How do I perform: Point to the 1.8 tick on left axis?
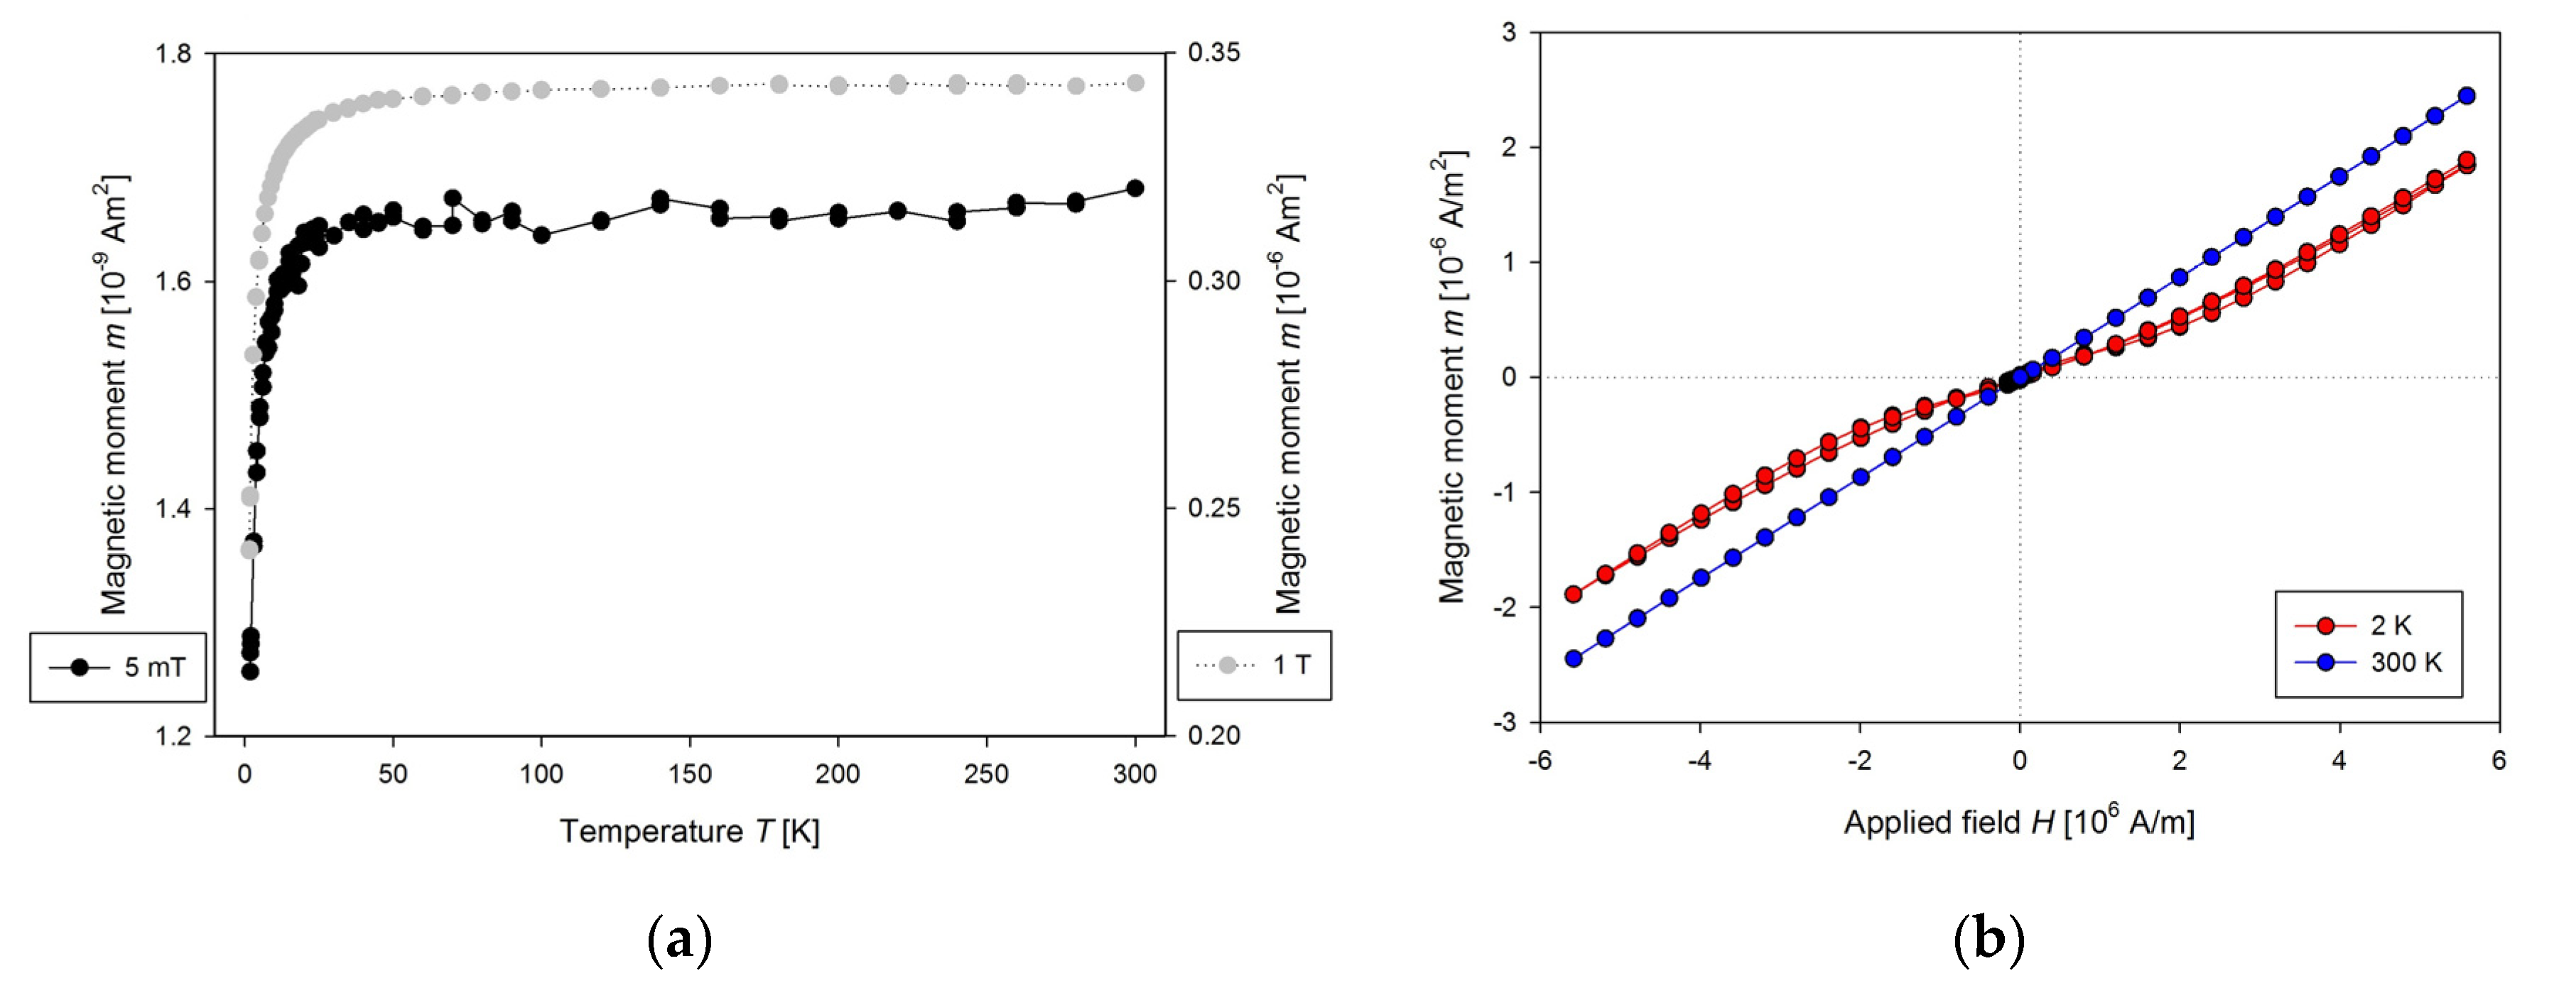pyautogui.click(x=173, y=53)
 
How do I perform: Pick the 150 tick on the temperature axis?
pyautogui.click(x=689, y=774)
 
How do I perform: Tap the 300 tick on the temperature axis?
pyautogui.click(x=1135, y=774)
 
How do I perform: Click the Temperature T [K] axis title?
pyautogui.click(x=689, y=830)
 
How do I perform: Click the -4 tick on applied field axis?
pyautogui.click(x=1699, y=761)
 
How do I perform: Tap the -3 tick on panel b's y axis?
pyautogui.click(x=1504, y=722)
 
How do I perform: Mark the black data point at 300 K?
pyautogui.click(x=1135, y=188)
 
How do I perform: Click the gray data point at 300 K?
pyautogui.click(x=1135, y=83)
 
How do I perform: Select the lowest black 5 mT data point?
pyautogui.click(x=250, y=672)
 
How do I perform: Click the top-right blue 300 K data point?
pyautogui.click(x=2467, y=96)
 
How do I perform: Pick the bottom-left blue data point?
pyautogui.click(x=1572, y=658)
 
